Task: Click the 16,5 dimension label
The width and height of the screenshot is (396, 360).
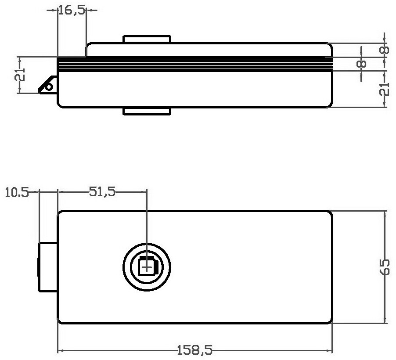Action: point(72,11)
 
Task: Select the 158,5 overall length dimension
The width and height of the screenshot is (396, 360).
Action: point(194,350)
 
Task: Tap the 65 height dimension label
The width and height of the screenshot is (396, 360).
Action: point(385,267)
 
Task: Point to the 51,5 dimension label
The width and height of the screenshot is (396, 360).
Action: point(102,192)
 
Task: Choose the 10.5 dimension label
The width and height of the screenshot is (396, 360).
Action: point(17,193)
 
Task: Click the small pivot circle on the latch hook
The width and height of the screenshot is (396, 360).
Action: point(50,87)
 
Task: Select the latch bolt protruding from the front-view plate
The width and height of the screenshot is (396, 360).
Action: point(48,267)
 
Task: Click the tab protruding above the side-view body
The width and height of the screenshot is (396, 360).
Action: point(147,40)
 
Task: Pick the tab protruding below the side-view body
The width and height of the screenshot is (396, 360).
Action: point(147,112)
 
